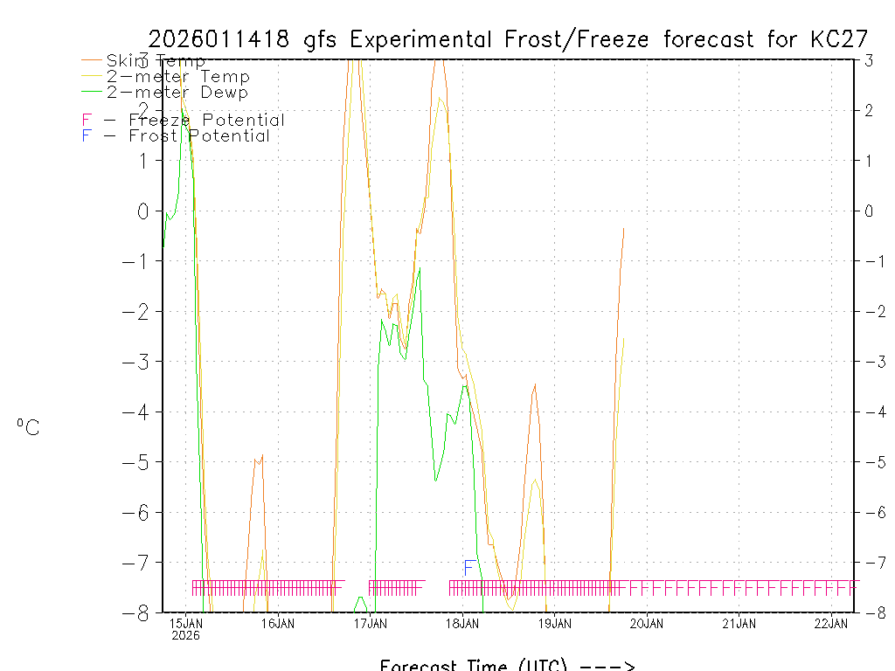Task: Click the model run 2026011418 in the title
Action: pyautogui.click(x=222, y=39)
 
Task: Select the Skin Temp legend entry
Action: pyautogui.click(x=156, y=61)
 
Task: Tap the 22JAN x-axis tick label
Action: pyautogui.click(x=831, y=623)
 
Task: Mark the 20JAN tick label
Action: pyautogui.click(x=647, y=623)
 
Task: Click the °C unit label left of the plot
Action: pyautogui.click(x=28, y=427)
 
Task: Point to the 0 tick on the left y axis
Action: pyautogui.click(x=143, y=211)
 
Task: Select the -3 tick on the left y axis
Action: pyautogui.click(x=138, y=362)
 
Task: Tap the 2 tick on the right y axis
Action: pyautogui.click(x=869, y=110)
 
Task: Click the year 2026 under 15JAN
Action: pyautogui.click(x=185, y=636)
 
